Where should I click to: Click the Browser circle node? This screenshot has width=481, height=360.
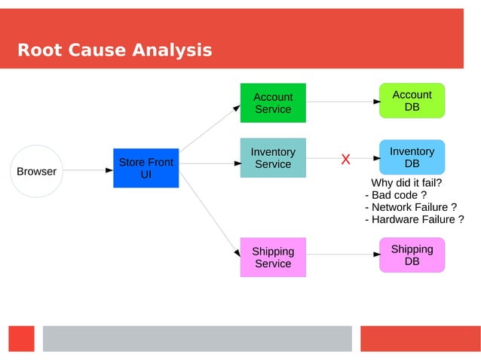(x=36, y=171)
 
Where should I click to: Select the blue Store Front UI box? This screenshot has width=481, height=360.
(x=146, y=168)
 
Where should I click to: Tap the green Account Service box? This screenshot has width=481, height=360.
(x=273, y=102)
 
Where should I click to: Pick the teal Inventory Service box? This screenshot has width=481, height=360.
(x=273, y=158)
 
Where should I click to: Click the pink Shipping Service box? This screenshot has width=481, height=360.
(x=273, y=257)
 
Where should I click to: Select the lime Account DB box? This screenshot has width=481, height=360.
(x=412, y=100)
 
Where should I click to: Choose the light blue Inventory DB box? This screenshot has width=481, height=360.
(x=412, y=157)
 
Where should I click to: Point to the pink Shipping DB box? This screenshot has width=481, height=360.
(x=412, y=255)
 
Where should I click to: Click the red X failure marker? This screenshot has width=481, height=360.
(x=345, y=159)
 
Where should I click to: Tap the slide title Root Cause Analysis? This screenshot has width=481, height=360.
(x=115, y=50)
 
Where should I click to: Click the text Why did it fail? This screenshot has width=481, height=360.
(x=406, y=182)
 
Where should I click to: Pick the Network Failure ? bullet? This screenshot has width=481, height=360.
(x=411, y=207)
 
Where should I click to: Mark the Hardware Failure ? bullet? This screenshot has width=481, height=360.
(x=414, y=219)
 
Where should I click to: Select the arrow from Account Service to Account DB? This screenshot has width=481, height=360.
(x=342, y=101)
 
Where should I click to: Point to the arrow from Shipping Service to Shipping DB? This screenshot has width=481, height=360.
(x=342, y=255)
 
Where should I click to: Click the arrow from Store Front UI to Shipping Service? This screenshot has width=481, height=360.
(x=208, y=212)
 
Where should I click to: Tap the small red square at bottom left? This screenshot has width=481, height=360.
(x=22, y=338)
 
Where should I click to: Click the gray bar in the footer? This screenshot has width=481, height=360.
(x=197, y=338)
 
